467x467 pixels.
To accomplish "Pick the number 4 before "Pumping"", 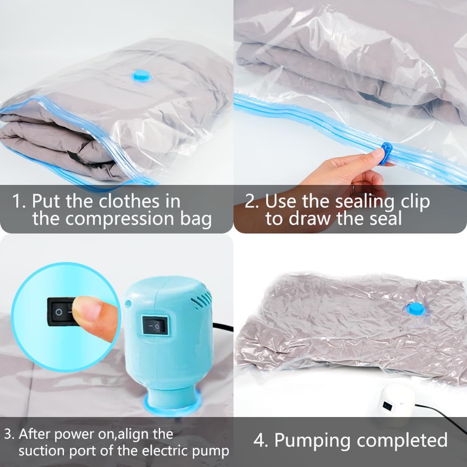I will pos(260,440).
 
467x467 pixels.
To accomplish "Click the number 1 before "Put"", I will pos(17,202).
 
